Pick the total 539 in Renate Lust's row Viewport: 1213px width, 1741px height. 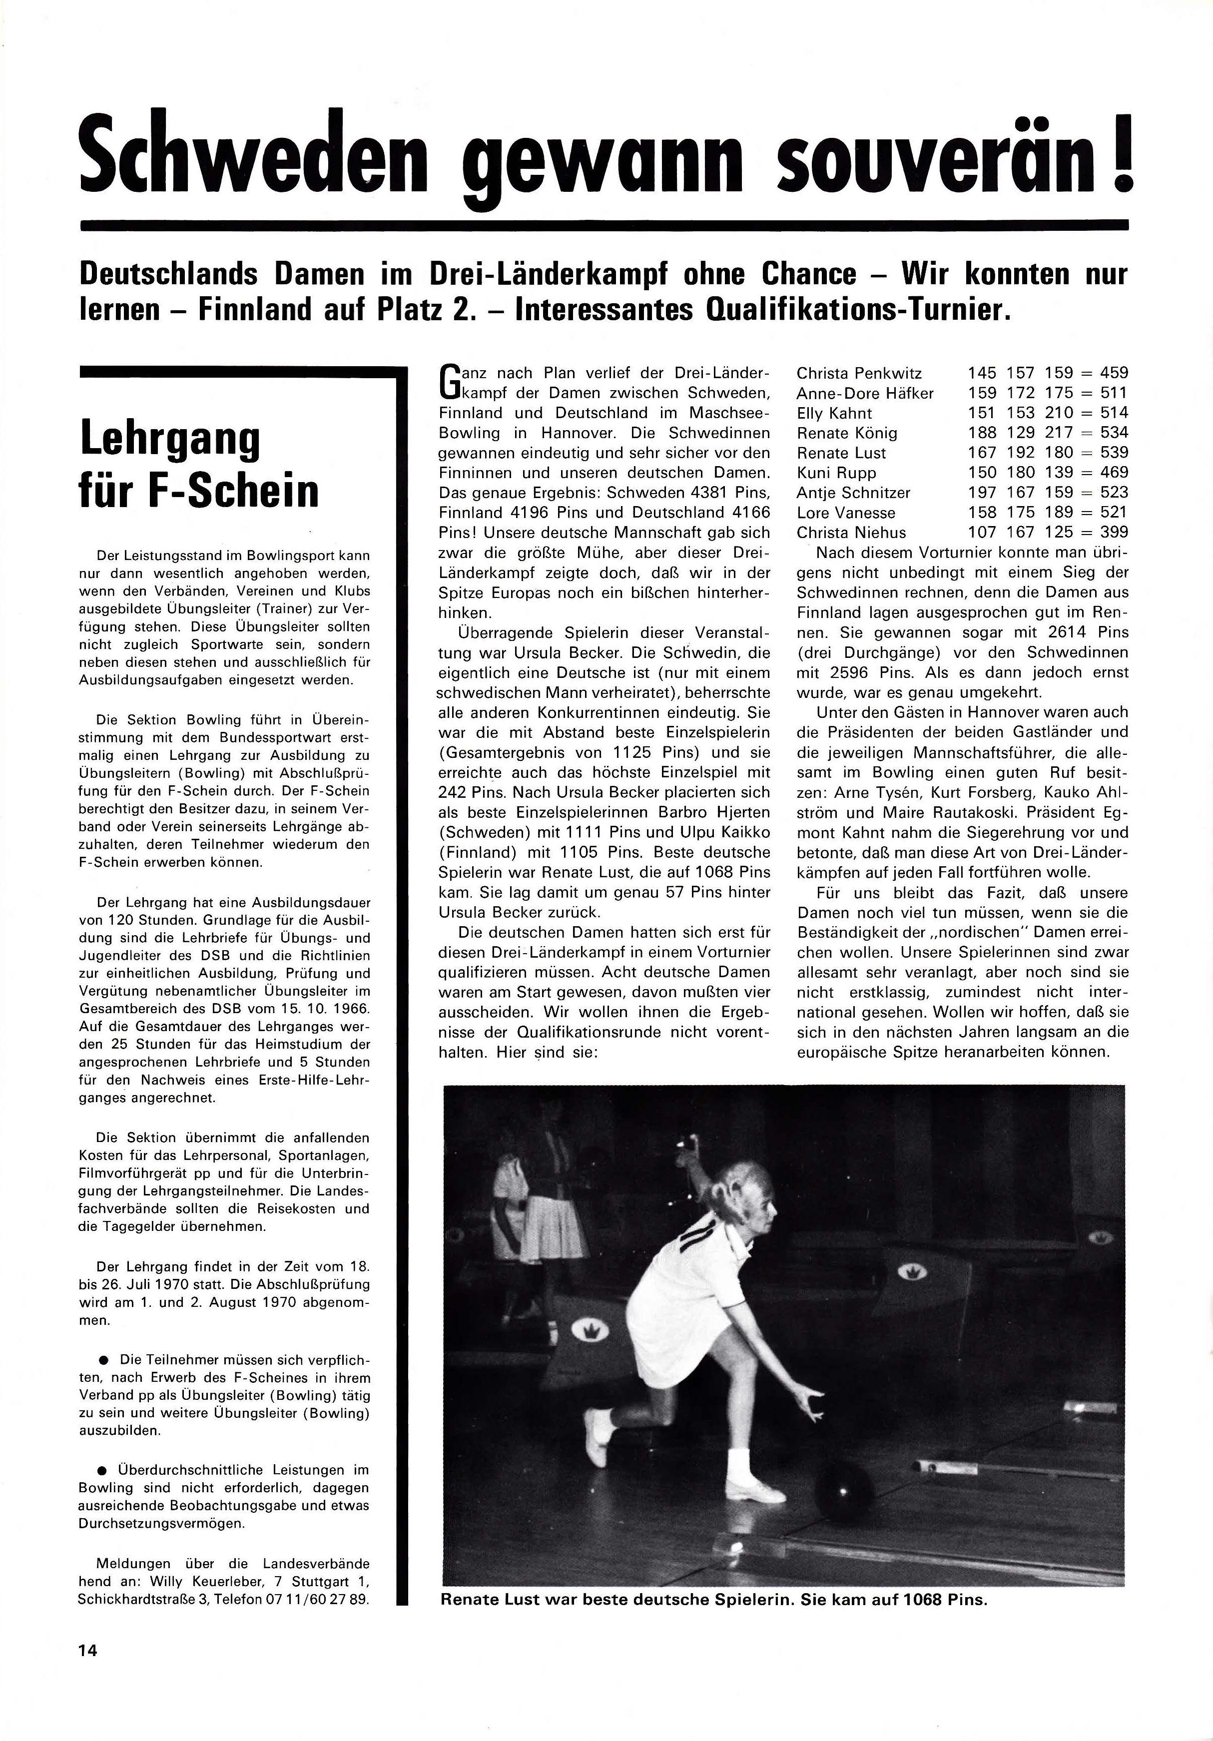coord(1114,453)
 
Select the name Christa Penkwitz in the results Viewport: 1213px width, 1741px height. coord(859,373)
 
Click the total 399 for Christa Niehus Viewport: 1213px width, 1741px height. coord(1114,533)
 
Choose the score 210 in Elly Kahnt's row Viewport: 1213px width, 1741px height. coord(1058,413)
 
